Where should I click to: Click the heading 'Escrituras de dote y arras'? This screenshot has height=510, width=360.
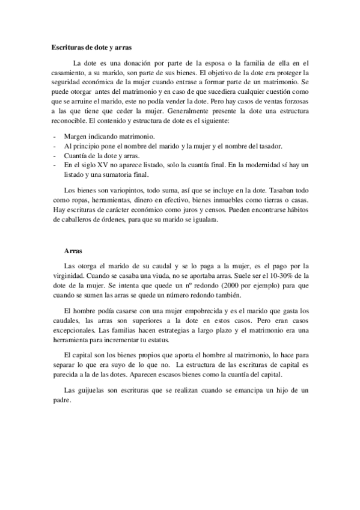pos(92,46)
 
